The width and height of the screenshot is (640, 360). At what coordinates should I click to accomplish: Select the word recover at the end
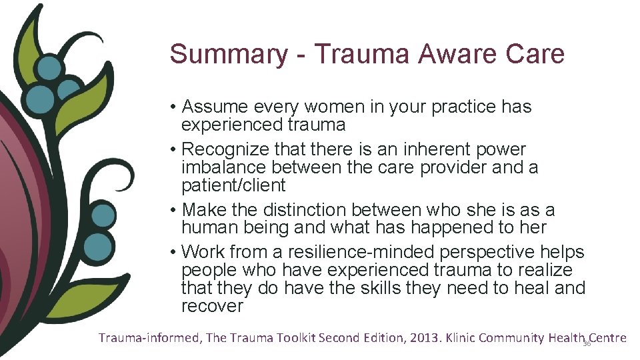(212, 307)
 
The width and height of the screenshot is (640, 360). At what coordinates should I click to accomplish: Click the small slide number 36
(587, 343)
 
